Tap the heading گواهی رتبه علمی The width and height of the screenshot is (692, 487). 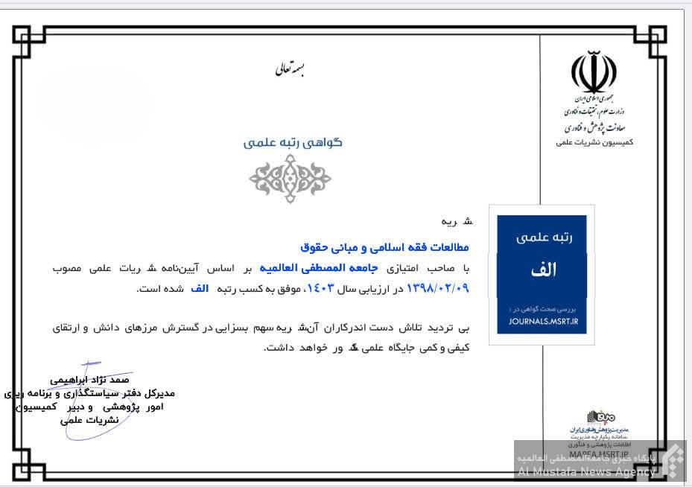(293, 141)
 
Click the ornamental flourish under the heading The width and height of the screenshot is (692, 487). (290, 179)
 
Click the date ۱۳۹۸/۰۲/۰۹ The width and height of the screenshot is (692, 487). (438, 287)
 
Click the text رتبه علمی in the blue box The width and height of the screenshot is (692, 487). (542, 238)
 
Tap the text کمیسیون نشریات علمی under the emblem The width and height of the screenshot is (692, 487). (594, 141)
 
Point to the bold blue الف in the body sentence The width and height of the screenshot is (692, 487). (200, 287)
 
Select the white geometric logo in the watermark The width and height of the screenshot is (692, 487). (674, 459)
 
